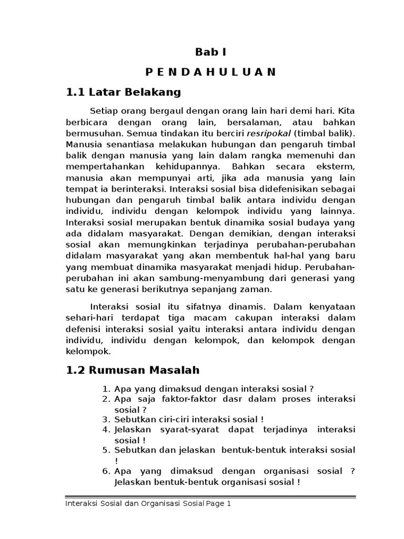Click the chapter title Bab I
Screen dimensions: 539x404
(210, 52)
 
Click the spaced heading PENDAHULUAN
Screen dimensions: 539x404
(210, 72)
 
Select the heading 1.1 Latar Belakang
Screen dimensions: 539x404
(123, 93)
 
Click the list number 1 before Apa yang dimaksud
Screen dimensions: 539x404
(105, 389)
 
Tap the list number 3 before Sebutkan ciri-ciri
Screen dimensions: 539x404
(105, 420)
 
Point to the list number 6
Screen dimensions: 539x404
(105, 471)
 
